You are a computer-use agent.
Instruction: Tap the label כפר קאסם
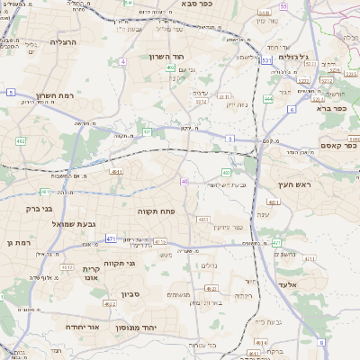338,145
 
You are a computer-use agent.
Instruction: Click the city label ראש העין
293,184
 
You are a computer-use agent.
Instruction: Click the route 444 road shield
269,99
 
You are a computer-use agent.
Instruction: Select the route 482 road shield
21,141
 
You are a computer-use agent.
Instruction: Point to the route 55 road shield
283,6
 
